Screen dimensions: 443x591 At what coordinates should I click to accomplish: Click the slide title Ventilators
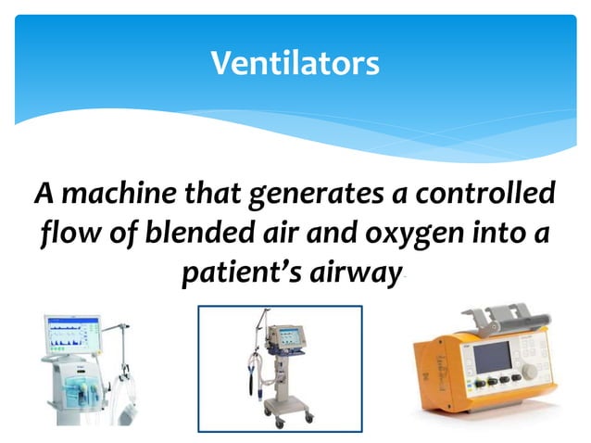[x=295, y=64]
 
